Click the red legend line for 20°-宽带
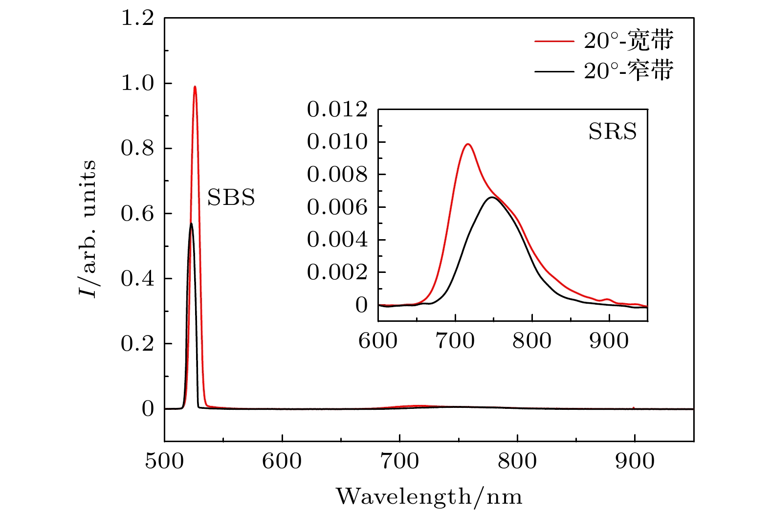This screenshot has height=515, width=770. (x=554, y=42)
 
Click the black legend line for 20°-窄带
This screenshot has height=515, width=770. (x=554, y=71)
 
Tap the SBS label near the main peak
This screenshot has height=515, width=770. (x=231, y=198)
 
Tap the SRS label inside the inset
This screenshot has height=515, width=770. (x=613, y=132)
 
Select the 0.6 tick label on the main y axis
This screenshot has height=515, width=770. (x=137, y=214)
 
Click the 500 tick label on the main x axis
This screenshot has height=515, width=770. (x=164, y=461)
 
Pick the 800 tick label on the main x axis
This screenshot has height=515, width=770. (x=517, y=461)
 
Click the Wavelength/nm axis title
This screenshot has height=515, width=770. (x=429, y=497)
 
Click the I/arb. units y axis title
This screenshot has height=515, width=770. (x=88, y=229)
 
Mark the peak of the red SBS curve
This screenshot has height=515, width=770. (x=195, y=87)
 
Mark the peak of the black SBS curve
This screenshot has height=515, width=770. (x=191, y=224)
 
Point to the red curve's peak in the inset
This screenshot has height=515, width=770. (x=468, y=144)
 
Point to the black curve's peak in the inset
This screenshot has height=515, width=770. (x=492, y=197)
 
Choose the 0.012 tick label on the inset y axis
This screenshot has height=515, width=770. (x=337, y=110)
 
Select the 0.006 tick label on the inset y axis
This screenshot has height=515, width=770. (x=337, y=207)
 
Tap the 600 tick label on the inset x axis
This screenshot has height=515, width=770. (x=378, y=341)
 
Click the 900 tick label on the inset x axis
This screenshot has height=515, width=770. (x=609, y=341)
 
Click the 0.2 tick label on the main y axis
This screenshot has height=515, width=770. (x=137, y=344)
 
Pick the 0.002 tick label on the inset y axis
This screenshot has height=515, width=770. (x=337, y=272)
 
